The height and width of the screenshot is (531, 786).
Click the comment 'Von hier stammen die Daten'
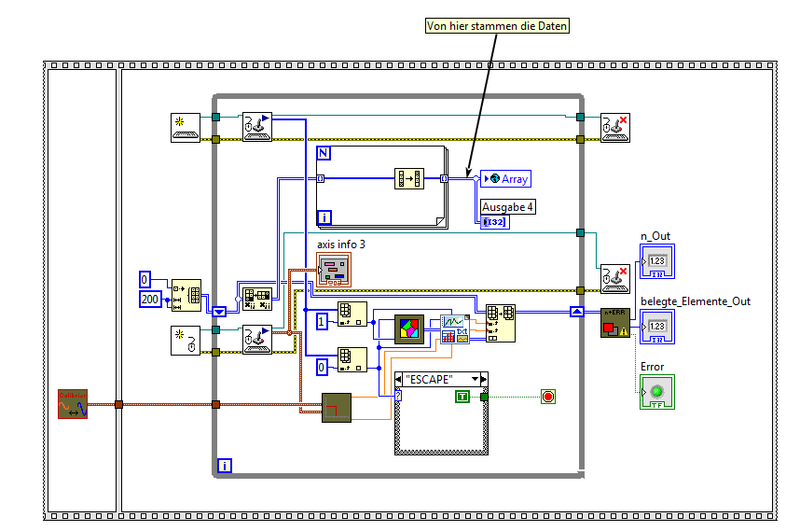pos(496,26)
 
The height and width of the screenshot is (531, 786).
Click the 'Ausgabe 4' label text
pos(508,206)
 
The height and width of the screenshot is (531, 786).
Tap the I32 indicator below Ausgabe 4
pos(495,222)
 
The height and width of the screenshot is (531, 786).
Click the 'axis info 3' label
pos(340,244)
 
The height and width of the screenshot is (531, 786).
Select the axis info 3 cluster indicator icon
pos(334,271)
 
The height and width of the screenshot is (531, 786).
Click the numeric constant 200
pos(150,298)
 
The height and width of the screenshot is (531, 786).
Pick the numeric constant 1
pos(322,321)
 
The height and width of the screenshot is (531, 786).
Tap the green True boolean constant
pos(462,397)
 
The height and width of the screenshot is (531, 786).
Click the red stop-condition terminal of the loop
pos(547,397)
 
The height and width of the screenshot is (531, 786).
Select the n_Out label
pos(655,236)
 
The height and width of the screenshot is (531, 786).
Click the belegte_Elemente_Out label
pos(695,300)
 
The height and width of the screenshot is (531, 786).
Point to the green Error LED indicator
pos(656,391)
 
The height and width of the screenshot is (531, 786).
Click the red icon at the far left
pos(73,403)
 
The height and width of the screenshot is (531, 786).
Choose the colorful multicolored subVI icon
pos(409,329)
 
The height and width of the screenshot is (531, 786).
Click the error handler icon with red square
pos(615,322)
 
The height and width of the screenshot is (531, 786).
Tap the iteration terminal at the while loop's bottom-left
pos(225,465)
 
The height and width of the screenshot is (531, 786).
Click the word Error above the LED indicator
pos(653,367)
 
